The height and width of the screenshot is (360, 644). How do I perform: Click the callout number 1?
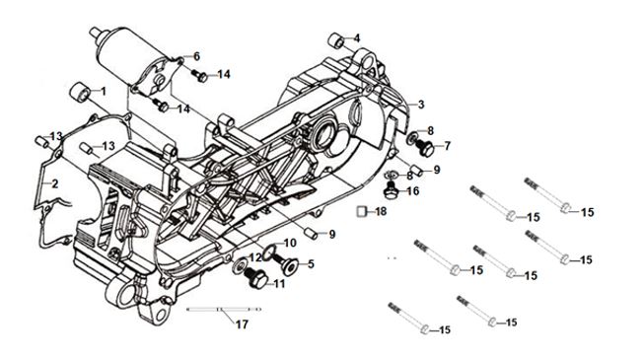104,91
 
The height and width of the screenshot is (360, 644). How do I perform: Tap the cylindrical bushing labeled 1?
79,92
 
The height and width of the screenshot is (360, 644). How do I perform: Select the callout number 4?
356,38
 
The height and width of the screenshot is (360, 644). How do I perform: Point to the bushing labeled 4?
336,40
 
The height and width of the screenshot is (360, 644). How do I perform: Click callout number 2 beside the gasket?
54,183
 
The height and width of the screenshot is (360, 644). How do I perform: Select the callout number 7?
448,146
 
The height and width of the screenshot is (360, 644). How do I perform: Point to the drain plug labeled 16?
391,189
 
